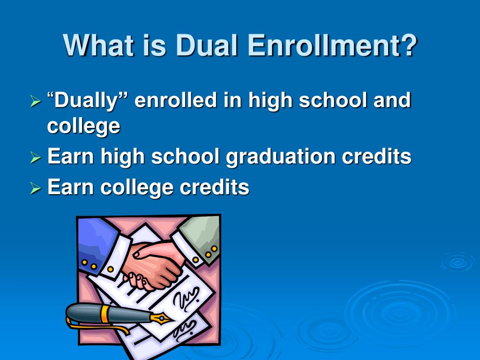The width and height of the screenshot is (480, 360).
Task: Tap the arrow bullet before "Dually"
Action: coord(36,101)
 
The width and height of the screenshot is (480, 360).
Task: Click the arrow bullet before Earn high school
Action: coord(36,157)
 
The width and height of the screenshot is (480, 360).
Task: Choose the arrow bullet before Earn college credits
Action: coord(36,188)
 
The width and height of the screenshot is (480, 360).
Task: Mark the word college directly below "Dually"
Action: coord(83,127)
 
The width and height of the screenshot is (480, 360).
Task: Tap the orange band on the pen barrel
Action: coord(104,314)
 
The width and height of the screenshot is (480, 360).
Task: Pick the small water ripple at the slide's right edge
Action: coord(457,262)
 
